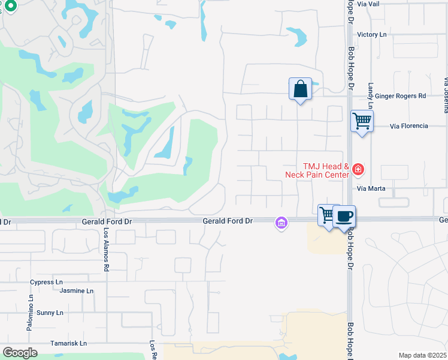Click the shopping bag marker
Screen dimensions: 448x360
point(300,89)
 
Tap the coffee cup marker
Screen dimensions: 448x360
point(344,217)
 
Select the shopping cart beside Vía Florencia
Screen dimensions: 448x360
point(362,121)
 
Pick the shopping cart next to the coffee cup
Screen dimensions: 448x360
point(327,215)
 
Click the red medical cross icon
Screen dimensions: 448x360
point(358,170)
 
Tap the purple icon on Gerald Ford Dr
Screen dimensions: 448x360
point(280,223)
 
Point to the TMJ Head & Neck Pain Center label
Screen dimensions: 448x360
point(317,170)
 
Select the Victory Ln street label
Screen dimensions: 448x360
point(371,35)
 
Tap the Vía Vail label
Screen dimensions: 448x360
point(368,4)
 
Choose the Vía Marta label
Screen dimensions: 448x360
point(371,188)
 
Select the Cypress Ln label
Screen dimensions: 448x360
point(47,281)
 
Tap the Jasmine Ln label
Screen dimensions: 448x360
point(77,291)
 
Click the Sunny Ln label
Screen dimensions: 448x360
point(50,313)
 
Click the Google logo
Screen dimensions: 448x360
point(20,353)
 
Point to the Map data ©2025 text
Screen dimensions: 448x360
point(423,355)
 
